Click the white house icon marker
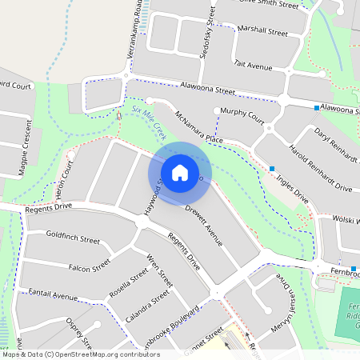[x=180, y=172]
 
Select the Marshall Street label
[x=262, y=32]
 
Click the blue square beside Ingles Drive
[x=273, y=168]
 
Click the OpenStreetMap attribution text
[x=80, y=354]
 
